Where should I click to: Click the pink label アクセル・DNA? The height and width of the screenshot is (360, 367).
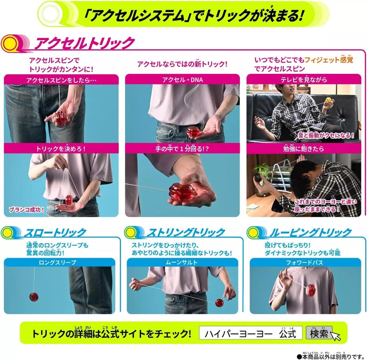pyautogui.click(x=182, y=79)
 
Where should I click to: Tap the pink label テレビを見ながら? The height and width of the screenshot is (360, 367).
pyautogui.click(x=304, y=79)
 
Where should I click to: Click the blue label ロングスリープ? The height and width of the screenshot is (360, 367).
pyautogui.click(x=58, y=262)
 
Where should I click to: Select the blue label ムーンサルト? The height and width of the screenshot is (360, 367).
pyautogui.click(x=182, y=262)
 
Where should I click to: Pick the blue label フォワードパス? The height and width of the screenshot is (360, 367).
pyautogui.click(x=304, y=262)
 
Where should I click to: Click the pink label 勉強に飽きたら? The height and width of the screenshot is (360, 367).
pyautogui.click(x=304, y=149)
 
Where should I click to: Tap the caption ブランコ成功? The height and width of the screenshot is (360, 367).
pyautogui.click(x=26, y=210)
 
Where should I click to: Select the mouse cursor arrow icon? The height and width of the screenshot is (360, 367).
pyautogui.click(x=336, y=336)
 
